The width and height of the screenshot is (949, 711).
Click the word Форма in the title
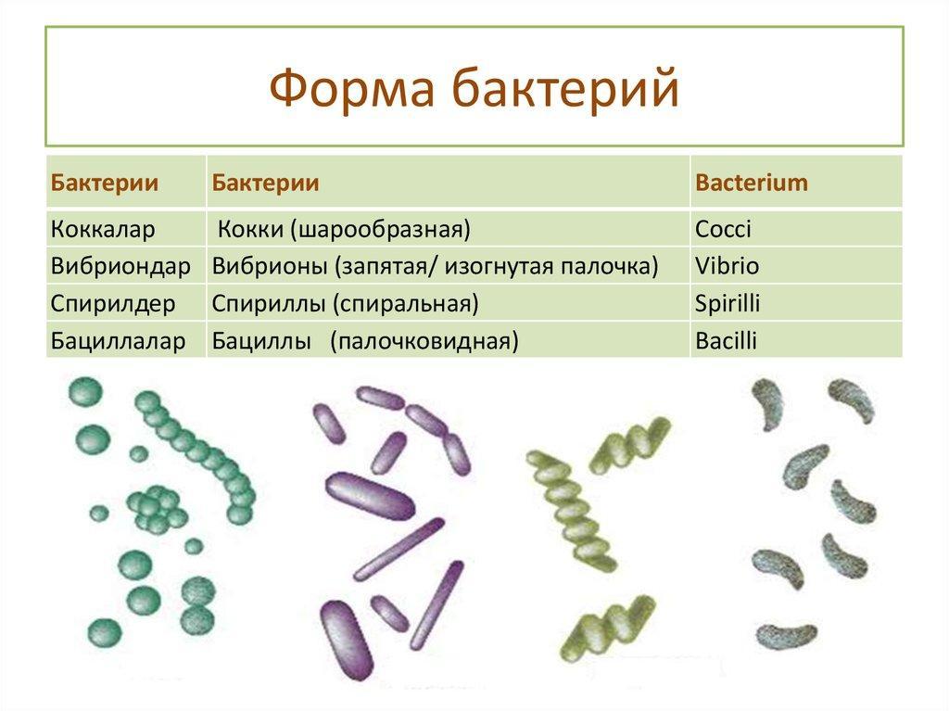tap(351, 88)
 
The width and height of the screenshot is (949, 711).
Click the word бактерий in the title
tap(565, 88)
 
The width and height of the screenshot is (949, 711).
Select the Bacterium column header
tap(751, 183)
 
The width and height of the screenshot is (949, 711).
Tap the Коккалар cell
tap(103, 229)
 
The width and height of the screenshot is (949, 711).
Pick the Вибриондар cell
tap(120, 266)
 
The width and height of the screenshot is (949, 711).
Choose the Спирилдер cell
tap(112, 303)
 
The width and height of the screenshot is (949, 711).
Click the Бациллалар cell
tap(118, 340)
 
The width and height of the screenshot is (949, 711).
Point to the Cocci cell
tap(723, 229)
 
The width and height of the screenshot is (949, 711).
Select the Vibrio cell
tap(727, 266)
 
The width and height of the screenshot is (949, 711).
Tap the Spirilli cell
tap(728, 303)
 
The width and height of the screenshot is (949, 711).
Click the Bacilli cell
tap(727, 340)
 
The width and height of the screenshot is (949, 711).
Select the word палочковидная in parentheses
tap(424, 341)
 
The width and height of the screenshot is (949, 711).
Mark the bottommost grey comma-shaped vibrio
tap(785, 637)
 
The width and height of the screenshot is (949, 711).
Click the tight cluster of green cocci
tap(156, 508)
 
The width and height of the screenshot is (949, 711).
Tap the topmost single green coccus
tap(85, 391)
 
